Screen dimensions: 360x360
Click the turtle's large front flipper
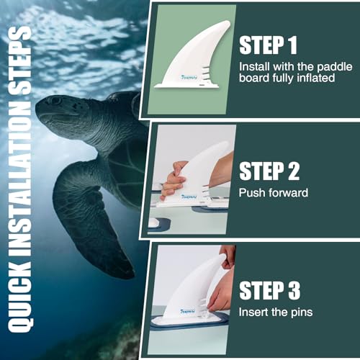tap(86, 216)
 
